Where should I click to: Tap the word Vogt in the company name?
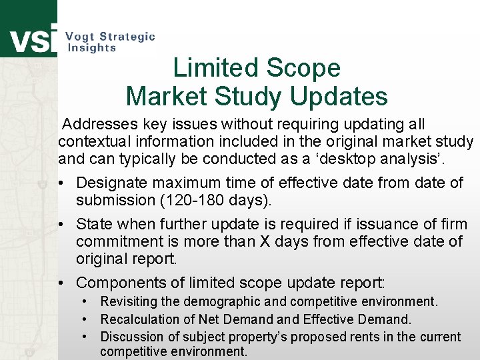(x=81, y=37)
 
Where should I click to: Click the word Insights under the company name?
(x=92, y=48)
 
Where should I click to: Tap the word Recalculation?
(x=140, y=319)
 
